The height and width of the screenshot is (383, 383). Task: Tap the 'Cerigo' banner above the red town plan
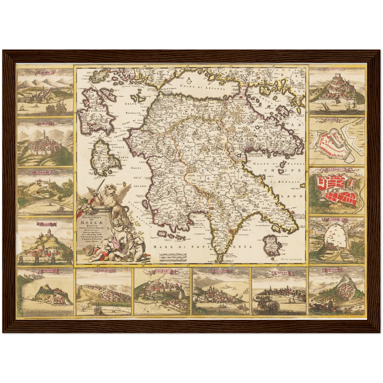(x=337, y=169)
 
